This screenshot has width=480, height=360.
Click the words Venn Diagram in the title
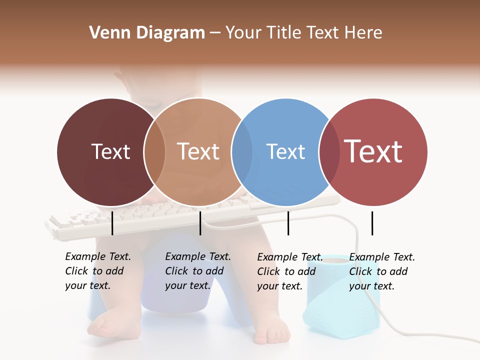click(x=147, y=33)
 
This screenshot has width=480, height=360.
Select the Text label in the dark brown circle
click(x=110, y=151)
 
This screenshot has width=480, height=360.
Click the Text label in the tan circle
click(x=198, y=151)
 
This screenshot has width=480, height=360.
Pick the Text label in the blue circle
click(x=285, y=151)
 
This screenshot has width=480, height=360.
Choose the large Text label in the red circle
click(x=373, y=151)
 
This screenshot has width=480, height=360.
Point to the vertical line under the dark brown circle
click(x=112, y=223)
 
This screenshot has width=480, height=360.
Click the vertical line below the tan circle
click(x=200, y=223)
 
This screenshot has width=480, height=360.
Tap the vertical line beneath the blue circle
click(x=288, y=223)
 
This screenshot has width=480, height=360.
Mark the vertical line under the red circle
click(x=372, y=223)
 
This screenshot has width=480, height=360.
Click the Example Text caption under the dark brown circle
click(x=97, y=271)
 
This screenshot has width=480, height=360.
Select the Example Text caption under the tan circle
click(x=197, y=271)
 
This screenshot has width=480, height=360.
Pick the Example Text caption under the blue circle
click(x=289, y=271)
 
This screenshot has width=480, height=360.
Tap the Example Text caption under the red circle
click(x=381, y=271)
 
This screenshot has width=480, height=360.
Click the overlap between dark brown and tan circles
click(x=154, y=151)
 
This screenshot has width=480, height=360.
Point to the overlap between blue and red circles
click(x=329, y=151)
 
